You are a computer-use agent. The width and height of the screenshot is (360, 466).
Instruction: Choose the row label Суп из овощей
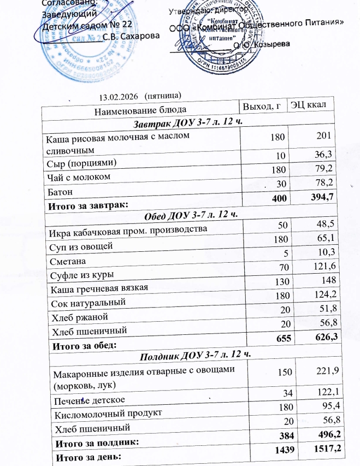tap(81, 245)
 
